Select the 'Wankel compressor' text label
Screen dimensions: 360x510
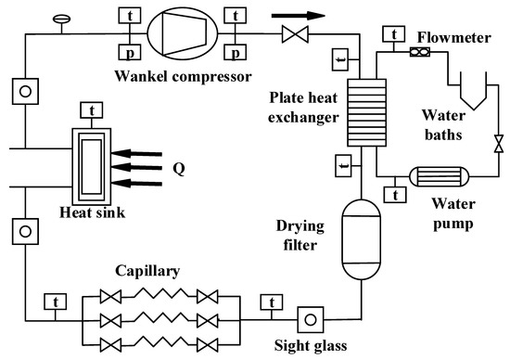pos(178,73)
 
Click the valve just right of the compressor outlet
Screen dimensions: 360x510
pos(287,35)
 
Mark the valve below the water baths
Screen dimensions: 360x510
pos(500,145)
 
